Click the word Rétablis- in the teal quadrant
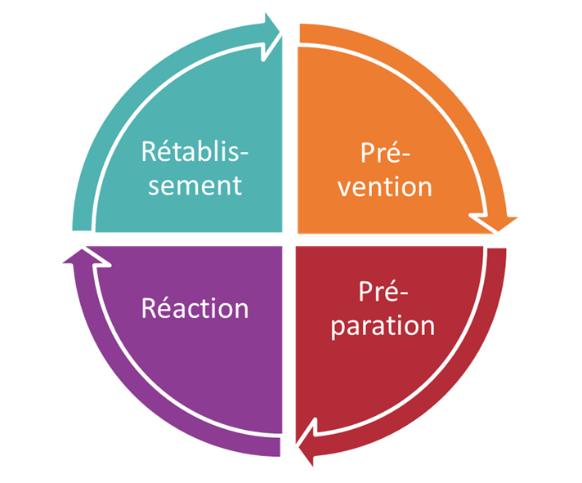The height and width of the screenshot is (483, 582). click(195, 152)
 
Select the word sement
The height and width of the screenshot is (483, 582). click(195, 186)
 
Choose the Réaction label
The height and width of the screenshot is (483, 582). click(195, 308)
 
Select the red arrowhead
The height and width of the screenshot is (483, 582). click(307, 449)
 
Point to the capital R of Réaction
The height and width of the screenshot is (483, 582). click(150, 308)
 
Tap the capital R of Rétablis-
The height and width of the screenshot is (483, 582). click(150, 152)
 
